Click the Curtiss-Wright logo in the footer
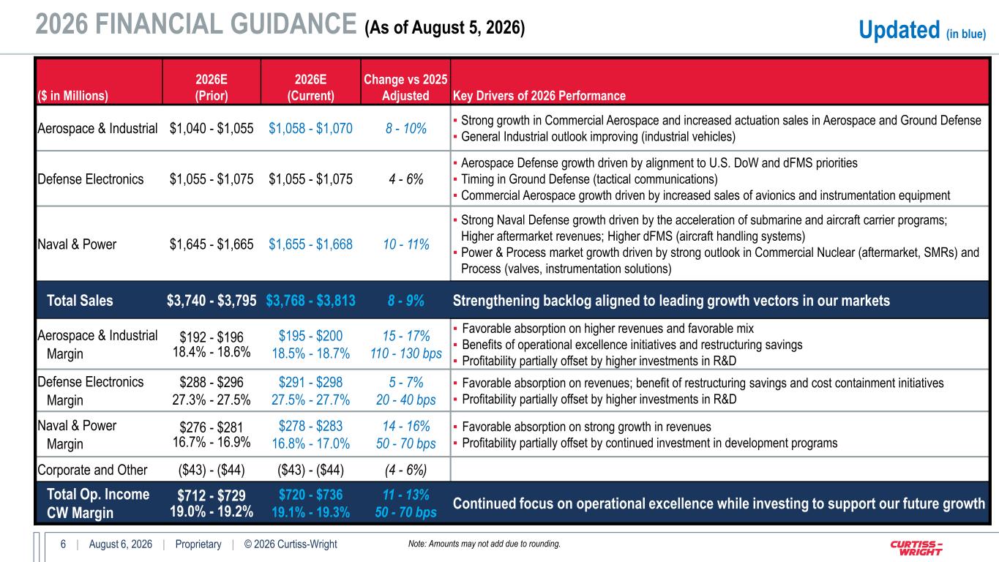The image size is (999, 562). (x=916, y=547)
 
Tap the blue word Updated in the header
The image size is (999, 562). (x=899, y=30)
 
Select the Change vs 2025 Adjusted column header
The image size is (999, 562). (x=405, y=87)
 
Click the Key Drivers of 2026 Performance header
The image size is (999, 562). (x=539, y=95)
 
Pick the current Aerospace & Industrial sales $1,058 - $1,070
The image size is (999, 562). (x=310, y=129)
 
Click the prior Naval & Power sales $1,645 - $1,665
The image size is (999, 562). (x=212, y=244)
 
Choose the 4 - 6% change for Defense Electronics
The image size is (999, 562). (x=406, y=179)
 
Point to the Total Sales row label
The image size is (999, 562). (x=80, y=301)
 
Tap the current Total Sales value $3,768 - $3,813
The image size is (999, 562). (x=310, y=301)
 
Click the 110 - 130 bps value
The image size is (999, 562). (x=406, y=353)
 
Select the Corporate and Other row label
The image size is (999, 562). (x=92, y=470)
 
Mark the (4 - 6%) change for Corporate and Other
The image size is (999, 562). (x=406, y=470)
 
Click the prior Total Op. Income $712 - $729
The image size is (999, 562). (x=212, y=495)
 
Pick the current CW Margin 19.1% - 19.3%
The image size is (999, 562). (x=310, y=512)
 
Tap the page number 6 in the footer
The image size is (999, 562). (x=64, y=544)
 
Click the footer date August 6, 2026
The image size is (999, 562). (x=121, y=544)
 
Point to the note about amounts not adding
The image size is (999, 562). (x=484, y=544)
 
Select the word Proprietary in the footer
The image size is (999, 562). (x=198, y=544)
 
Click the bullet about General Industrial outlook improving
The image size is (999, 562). (x=598, y=137)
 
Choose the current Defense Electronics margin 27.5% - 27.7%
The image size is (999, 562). (x=310, y=400)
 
